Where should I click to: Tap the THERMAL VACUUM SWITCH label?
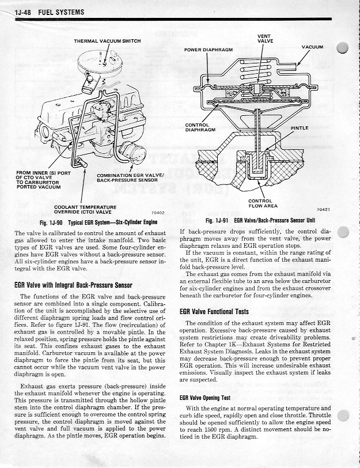pos(107,41)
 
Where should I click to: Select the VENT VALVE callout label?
pos(265,39)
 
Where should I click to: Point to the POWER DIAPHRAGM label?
pos(208,50)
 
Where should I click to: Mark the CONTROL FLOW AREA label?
pos(263,203)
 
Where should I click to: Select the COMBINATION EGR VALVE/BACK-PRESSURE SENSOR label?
pos(131,178)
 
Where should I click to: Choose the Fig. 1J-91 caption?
pos(262,221)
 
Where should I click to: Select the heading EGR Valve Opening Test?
pos(205,398)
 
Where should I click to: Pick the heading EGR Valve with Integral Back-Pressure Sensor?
pos(73,285)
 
